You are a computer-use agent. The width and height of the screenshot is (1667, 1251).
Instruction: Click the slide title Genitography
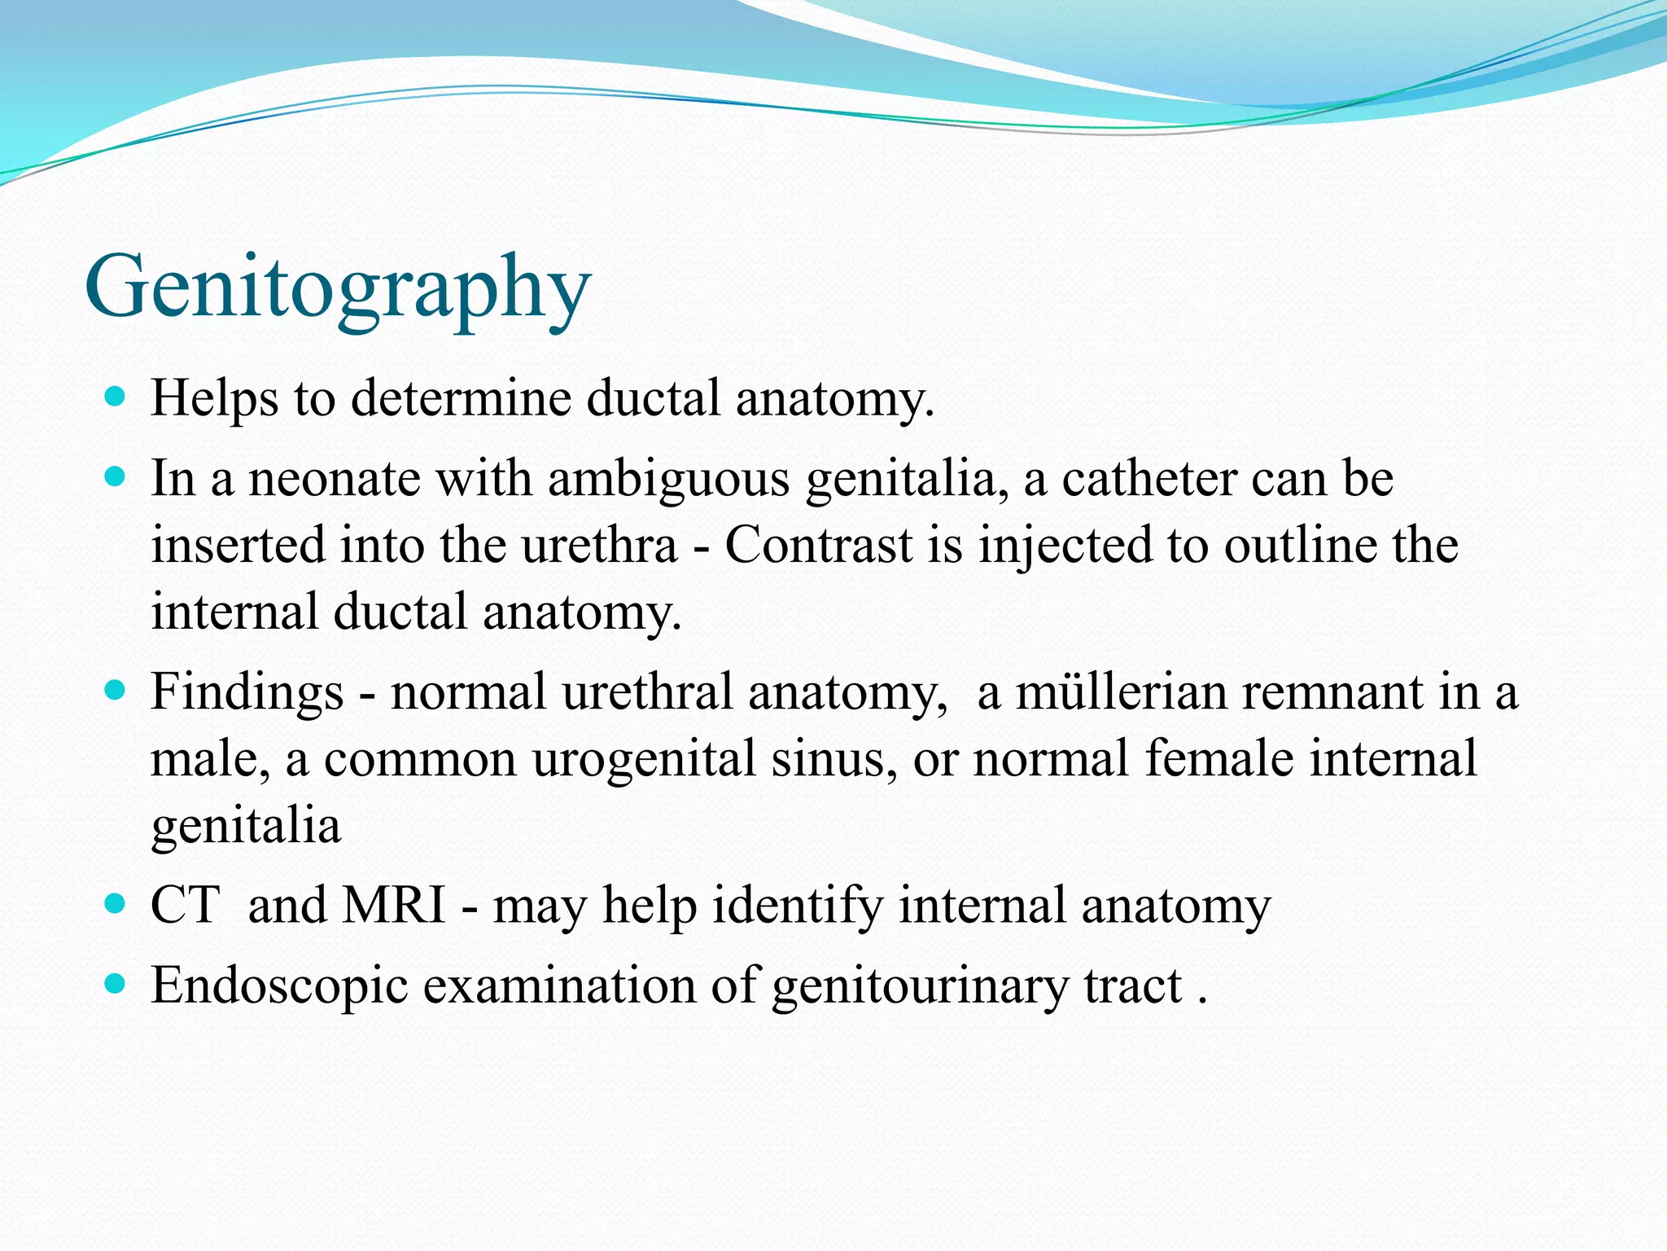tap(337, 288)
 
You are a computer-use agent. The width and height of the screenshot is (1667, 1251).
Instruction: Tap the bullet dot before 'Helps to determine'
tap(116, 397)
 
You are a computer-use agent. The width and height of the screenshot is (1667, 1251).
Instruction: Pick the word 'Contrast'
tap(818, 545)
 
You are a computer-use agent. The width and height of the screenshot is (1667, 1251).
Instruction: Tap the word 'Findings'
tap(247, 692)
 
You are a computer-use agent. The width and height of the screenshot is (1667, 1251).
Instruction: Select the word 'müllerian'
tap(1118, 692)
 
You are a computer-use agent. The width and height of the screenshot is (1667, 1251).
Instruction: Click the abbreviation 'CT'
tap(185, 905)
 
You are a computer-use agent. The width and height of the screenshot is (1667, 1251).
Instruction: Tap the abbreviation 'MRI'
tap(394, 905)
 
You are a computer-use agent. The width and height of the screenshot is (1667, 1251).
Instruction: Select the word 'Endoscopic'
tap(279, 985)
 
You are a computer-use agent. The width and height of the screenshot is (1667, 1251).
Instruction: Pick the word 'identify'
tap(797, 905)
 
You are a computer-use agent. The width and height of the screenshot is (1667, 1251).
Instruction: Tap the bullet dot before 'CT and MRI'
tap(116, 904)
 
